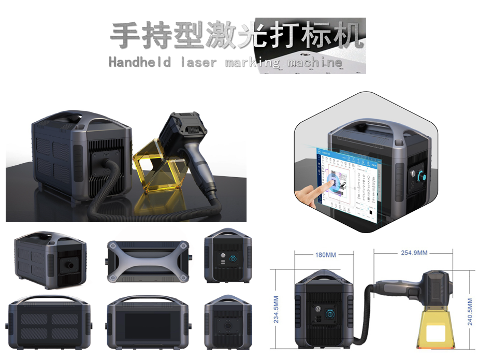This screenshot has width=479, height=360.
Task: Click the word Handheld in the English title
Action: pyautogui.click(x=140, y=63)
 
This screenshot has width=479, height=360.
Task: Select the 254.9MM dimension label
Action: pyautogui.click(x=414, y=253)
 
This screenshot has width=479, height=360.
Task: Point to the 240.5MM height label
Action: pyautogui.click(x=470, y=311)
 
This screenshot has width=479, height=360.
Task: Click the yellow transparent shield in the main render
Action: pyautogui.click(x=155, y=166)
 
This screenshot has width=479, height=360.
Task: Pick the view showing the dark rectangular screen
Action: pyautogui.click(x=147, y=325)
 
